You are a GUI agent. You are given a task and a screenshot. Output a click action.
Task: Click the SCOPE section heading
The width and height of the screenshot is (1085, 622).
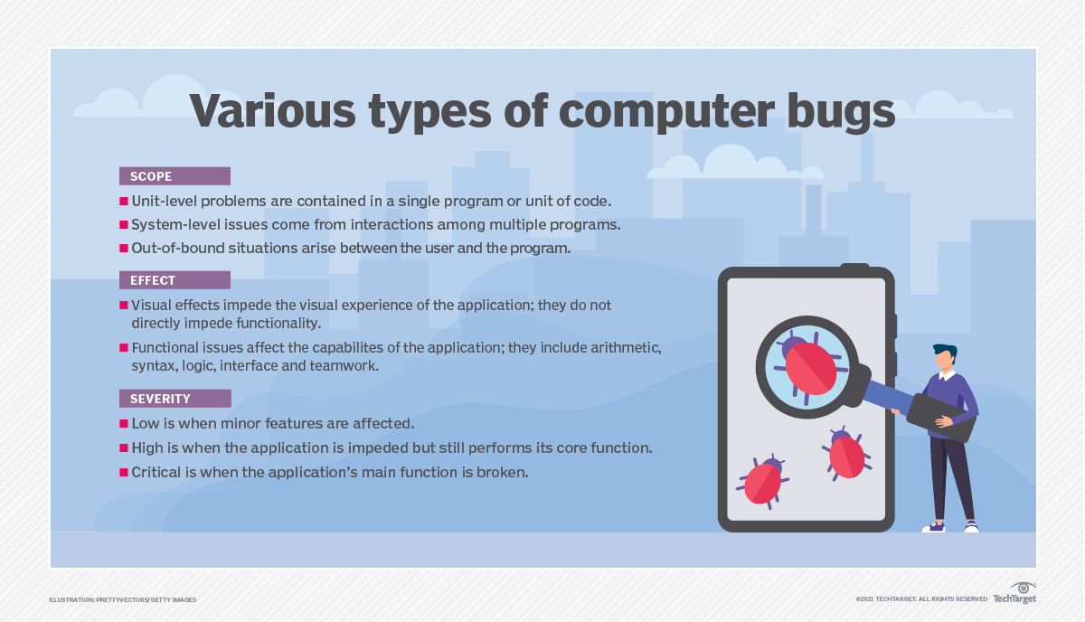click(x=175, y=176)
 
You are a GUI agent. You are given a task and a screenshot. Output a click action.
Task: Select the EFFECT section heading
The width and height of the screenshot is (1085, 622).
click(x=175, y=280)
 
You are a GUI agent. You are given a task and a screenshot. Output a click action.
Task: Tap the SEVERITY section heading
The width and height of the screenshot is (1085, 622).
click(x=175, y=399)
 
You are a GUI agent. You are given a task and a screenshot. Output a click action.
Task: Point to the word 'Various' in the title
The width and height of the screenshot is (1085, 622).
click(x=273, y=111)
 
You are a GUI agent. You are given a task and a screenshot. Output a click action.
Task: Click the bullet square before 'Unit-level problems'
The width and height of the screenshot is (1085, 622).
click(x=124, y=201)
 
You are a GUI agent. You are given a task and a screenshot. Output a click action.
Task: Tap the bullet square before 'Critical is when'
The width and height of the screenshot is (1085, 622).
click(x=124, y=472)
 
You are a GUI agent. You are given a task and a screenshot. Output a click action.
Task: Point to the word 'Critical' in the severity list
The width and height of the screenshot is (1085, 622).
click(x=156, y=472)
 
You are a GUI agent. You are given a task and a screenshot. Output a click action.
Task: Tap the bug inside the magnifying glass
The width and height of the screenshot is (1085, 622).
click(x=810, y=368)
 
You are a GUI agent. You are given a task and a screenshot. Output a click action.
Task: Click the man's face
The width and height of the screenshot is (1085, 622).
click(x=945, y=360)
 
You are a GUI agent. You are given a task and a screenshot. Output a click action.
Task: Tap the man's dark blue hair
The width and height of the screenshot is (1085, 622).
click(x=946, y=351)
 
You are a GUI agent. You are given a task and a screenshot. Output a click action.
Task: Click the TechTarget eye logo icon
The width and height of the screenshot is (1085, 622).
click(x=1024, y=588)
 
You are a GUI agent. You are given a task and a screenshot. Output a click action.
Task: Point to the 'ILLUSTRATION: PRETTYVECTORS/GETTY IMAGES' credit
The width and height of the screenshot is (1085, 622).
click(x=123, y=599)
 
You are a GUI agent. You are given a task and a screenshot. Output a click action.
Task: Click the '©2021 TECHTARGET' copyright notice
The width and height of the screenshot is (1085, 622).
click(x=921, y=599)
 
